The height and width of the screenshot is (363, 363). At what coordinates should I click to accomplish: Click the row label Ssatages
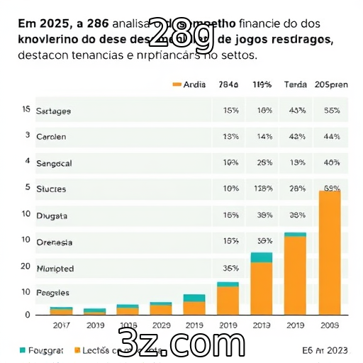point(53,111)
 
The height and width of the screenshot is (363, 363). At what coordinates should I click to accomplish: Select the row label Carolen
point(51,137)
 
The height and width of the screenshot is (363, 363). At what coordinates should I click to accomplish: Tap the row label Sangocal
point(54,162)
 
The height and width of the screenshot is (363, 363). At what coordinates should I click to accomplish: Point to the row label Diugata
point(51,215)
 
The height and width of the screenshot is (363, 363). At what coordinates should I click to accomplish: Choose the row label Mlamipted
point(55,269)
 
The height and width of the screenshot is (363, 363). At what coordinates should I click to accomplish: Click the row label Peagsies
point(53,292)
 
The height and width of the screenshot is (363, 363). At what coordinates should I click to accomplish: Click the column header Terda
point(295,84)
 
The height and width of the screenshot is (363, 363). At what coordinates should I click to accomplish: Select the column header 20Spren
point(330,84)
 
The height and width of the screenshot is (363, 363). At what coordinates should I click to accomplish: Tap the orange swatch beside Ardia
point(177,84)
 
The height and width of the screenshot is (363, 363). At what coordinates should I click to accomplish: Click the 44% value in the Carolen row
point(331,137)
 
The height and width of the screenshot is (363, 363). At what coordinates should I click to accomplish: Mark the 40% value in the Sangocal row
point(331,162)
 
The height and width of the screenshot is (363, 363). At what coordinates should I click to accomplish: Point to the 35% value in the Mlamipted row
point(230,269)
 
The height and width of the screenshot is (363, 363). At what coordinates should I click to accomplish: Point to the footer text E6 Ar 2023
point(324,350)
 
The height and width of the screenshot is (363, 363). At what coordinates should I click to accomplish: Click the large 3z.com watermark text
point(181,342)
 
